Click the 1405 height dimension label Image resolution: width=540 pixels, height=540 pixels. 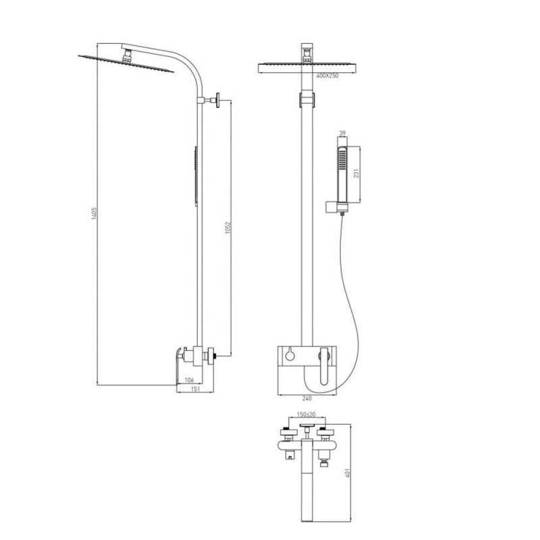pyautogui.click(x=94, y=213)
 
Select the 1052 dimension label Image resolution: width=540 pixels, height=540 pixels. pyautogui.click(x=227, y=228)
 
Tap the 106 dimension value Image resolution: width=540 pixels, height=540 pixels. pyautogui.click(x=189, y=380)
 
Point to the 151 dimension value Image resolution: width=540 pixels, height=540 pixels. pyautogui.click(x=195, y=389)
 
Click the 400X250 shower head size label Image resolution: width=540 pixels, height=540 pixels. pyautogui.click(x=327, y=76)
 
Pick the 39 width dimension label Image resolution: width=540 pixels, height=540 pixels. pyautogui.click(x=342, y=133)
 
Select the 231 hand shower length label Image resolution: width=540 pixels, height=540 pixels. pyautogui.click(x=356, y=173)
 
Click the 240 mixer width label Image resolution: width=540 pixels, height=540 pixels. pyautogui.click(x=306, y=398)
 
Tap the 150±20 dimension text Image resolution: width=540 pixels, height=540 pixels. pyautogui.click(x=306, y=414)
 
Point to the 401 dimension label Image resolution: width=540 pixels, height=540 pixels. pyautogui.click(x=348, y=473)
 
